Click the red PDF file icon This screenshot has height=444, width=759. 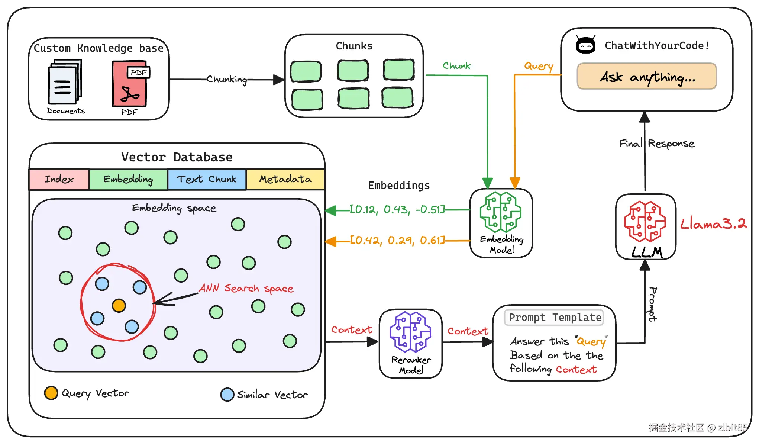(x=130, y=84)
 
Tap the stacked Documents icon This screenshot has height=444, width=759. (x=65, y=83)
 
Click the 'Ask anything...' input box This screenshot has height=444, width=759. (x=646, y=77)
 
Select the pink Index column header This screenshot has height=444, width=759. (x=59, y=179)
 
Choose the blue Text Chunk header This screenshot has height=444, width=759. (x=207, y=179)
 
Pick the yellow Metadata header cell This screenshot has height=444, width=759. (x=285, y=179)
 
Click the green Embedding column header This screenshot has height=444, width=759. (x=128, y=179)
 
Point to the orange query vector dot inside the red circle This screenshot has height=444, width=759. (x=119, y=306)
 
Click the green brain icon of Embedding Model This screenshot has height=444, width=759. (x=500, y=212)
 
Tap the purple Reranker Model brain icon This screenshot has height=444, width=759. (x=410, y=332)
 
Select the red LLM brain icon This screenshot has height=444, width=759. (x=645, y=222)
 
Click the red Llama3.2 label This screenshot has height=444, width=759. (x=713, y=224)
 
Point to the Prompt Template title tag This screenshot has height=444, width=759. (x=554, y=318)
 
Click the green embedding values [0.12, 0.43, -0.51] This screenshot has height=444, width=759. (x=397, y=210)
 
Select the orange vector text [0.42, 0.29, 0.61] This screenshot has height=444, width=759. (x=397, y=241)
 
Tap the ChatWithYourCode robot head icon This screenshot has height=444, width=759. (x=585, y=45)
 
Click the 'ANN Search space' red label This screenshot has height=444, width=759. (x=246, y=288)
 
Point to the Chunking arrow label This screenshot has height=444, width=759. (x=227, y=80)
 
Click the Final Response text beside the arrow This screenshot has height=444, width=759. (x=657, y=144)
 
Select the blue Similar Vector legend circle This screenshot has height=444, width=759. (x=227, y=395)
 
